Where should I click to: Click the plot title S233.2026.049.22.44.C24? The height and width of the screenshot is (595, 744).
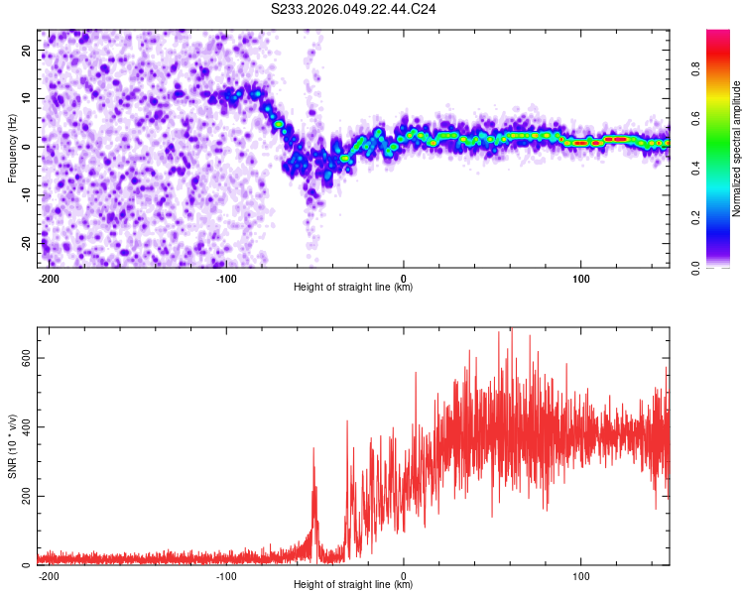pos(354,9)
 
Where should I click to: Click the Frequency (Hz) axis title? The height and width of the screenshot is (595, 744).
pos(12,146)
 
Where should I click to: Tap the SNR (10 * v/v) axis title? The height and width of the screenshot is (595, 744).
pos(12,445)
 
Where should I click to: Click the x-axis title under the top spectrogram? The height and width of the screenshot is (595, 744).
pos(353,287)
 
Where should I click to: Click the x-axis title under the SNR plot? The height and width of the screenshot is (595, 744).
pos(353,584)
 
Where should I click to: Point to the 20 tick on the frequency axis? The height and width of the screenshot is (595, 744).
pos(27,50)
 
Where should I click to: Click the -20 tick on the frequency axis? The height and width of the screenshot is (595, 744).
pos(25,243)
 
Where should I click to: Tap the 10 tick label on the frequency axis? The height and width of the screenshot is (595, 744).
pos(27,98)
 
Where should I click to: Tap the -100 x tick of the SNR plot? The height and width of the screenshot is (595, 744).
pos(226,575)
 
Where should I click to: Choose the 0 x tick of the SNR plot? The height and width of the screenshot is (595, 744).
pos(404,575)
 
